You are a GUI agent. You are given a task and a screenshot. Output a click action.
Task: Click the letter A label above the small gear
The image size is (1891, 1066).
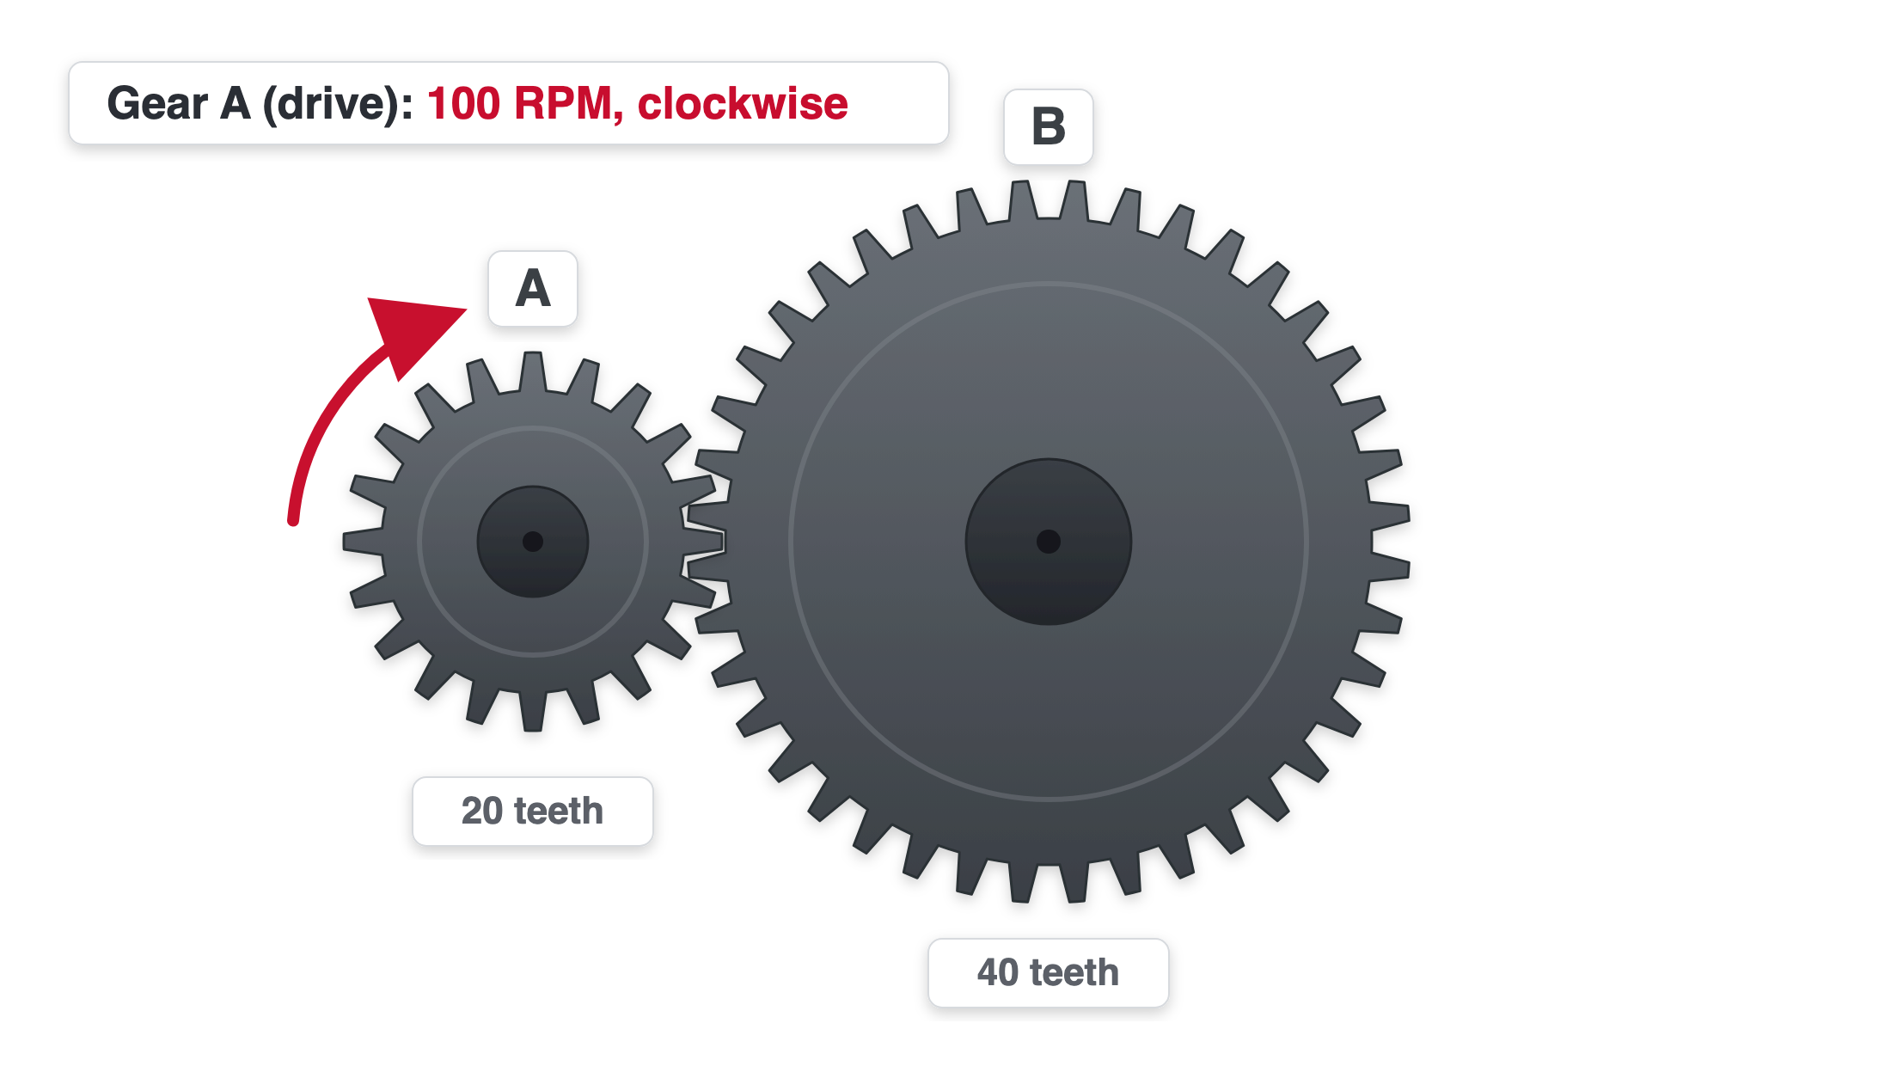[533, 288]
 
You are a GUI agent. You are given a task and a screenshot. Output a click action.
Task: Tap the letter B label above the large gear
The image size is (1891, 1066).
[1049, 126]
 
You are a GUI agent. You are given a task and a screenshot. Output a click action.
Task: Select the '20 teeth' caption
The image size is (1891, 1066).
[533, 811]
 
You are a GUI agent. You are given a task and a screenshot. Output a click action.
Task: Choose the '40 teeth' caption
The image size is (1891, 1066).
[1049, 972]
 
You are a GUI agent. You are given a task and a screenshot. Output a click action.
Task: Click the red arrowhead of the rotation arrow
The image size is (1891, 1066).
[413, 331]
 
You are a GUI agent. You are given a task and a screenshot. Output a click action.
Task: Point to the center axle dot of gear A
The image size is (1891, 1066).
[533, 542]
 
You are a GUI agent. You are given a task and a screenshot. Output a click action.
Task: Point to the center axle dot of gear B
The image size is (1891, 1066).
[1049, 542]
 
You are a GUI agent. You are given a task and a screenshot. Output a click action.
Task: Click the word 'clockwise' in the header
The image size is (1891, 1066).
[743, 103]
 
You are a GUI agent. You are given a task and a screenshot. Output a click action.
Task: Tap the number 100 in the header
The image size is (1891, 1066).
[463, 104]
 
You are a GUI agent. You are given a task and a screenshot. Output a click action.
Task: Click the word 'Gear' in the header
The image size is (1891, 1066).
[157, 104]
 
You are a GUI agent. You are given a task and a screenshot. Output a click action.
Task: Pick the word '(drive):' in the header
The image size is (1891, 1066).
[339, 105]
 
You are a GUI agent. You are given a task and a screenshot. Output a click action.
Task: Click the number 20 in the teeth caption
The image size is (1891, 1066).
[482, 811]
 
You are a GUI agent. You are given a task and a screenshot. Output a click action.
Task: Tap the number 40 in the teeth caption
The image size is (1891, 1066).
[998, 972]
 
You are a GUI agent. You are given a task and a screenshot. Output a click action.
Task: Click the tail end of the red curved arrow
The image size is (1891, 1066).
[293, 519]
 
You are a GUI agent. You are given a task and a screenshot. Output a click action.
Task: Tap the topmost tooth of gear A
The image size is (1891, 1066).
[533, 371]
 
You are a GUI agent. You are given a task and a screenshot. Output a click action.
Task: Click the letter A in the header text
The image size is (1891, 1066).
[235, 104]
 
